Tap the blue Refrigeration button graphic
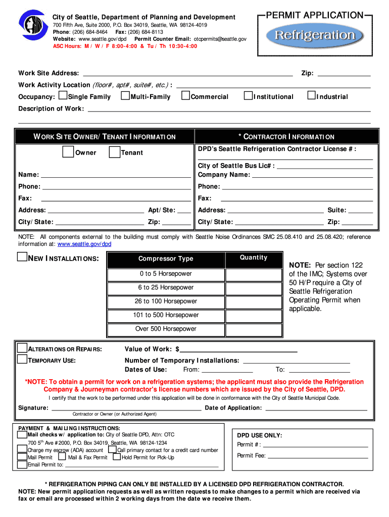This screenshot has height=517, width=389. [x=315, y=35]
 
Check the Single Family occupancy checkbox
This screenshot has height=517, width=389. [x=63, y=95]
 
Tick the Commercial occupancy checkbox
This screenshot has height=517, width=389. [x=186, y=95]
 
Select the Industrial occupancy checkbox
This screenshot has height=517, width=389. [x=312, y=95]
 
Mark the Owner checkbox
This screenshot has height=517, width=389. [x=68, y=152]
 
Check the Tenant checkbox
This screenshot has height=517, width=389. [x=115, y=152]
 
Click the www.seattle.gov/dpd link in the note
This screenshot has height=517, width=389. [x=84, y=244]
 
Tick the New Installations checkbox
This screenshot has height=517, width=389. [x=22, y=257]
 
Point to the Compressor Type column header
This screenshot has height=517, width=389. [x=166, y=259]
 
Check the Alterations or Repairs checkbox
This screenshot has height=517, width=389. [x=22, y=348]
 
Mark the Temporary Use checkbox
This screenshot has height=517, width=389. [x=22, y=359]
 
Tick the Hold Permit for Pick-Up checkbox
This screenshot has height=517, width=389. [x=117, y=457]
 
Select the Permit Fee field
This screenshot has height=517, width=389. [x=318, y=455]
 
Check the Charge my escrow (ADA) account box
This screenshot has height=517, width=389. [x=22, y=449]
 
